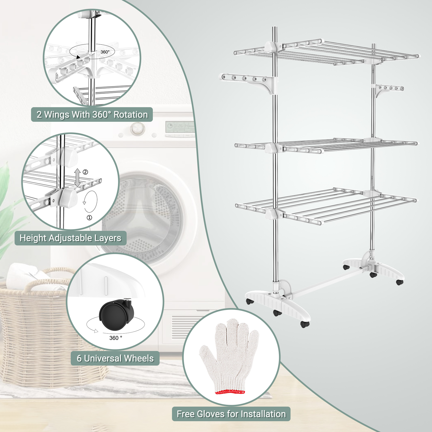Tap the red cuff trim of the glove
[230, 391]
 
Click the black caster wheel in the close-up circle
[116, 314]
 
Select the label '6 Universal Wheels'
[115, 358]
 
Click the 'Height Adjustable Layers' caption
[70, 238]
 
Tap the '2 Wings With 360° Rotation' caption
[92, 114]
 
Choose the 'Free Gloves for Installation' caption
[231, 414]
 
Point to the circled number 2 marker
[85, 172]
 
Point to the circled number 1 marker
[89, 218]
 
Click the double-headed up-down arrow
[77, 178]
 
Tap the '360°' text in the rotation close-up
[105, 52]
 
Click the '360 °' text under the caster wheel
[116, 338]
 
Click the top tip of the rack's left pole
[274, 27]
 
